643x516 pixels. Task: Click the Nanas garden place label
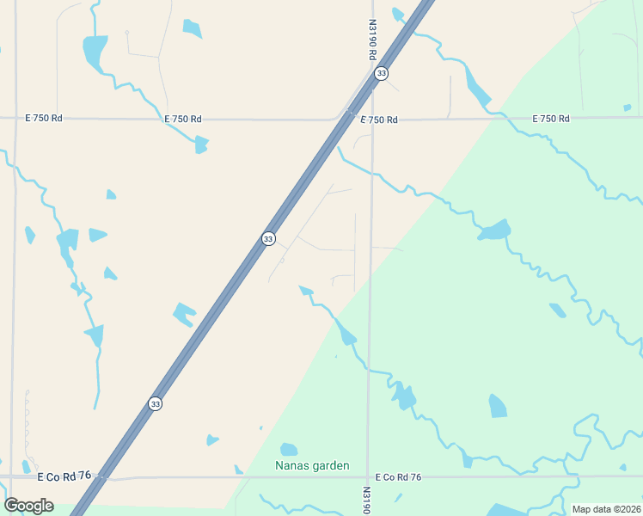click(x=312, y=466)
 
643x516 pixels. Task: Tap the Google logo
click(x=28, y=505)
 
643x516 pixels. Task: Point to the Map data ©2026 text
click(x=606, y=509)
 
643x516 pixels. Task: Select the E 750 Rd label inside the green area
click(x=551, y=119)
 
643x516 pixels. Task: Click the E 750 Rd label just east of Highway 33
click(x=379, y=120)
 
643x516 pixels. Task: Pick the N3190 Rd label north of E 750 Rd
click(x=373, y=40)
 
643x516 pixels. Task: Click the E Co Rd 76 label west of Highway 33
click(x=64, y=476)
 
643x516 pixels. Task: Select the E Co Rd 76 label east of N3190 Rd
click(x=398, y=477)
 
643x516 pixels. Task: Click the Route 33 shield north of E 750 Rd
click(x=381, y=74)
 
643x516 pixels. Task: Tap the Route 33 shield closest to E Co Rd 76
click(x=155, y=403)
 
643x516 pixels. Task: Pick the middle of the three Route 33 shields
click(x=269, y=238)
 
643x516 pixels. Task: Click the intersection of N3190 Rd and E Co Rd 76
click(x=368, y=476)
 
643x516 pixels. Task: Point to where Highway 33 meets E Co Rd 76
click(x=102, y=476)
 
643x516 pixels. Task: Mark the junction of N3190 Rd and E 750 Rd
click(x=371, y=118)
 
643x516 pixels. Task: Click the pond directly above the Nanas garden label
click(x=289, y=450)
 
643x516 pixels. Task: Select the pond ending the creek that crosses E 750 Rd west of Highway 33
click(x=201, y=144)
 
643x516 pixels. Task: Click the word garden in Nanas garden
click(x=330, y=466)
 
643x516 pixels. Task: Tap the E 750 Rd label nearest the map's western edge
click(x=45, y=118)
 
